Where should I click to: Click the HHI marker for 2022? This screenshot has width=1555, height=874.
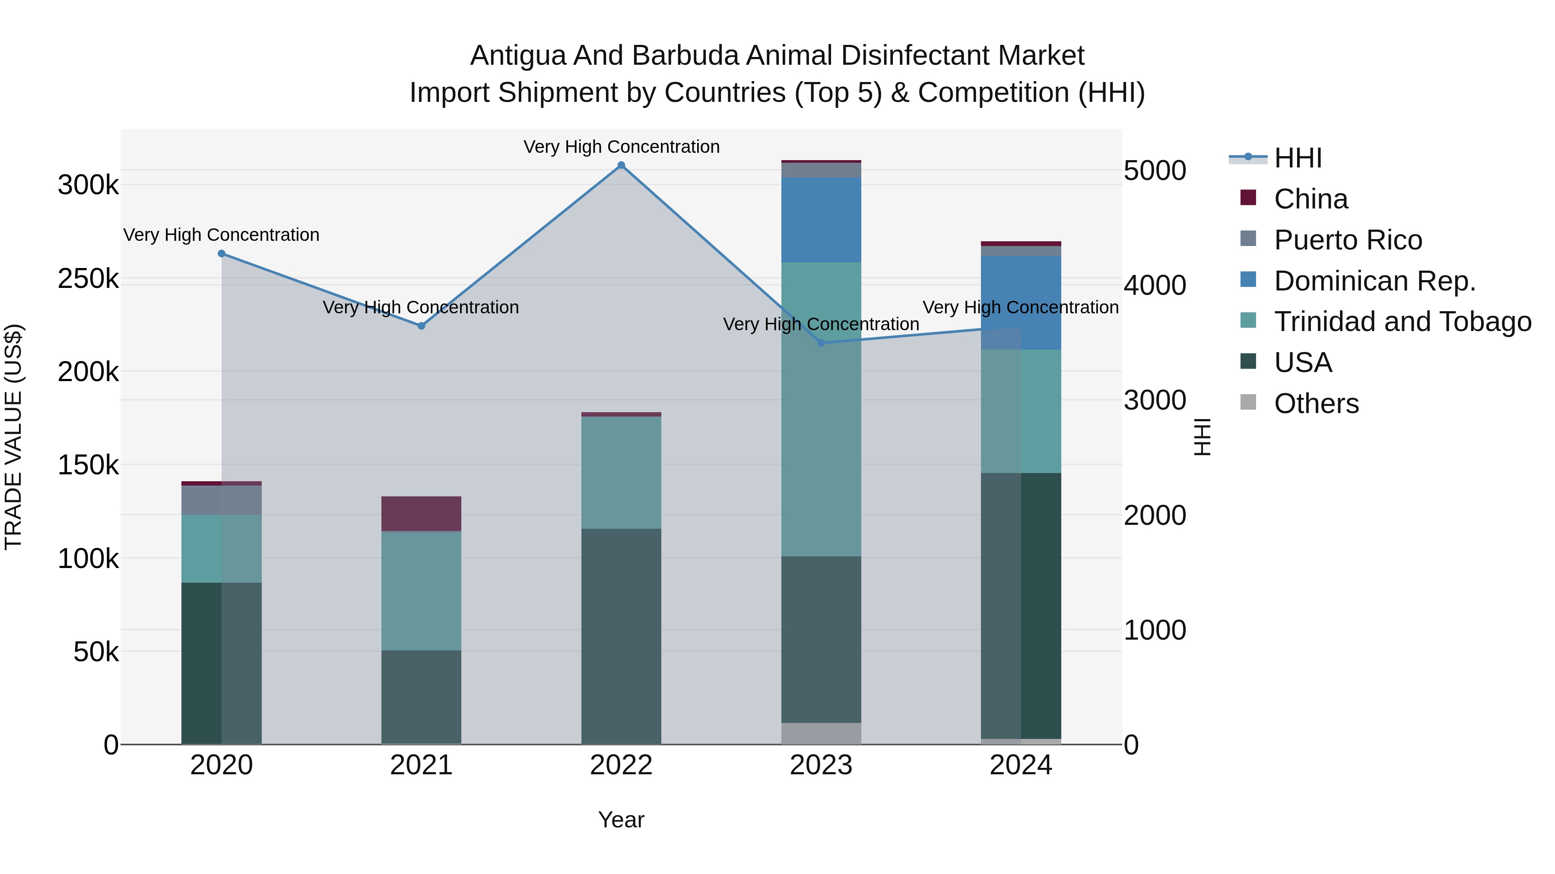point(621,165)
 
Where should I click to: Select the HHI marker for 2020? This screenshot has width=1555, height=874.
point(222,254)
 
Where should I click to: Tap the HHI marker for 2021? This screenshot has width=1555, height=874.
point(421,326)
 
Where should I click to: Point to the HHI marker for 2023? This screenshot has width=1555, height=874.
point(821,343)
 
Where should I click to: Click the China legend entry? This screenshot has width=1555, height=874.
point(1311,199)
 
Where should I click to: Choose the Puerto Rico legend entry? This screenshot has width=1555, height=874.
point(1348,240)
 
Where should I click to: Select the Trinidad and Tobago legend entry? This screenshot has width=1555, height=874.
point(1402,322)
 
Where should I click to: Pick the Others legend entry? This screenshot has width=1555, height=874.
point(1316,404)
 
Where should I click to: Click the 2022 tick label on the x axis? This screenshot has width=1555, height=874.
point(621,765)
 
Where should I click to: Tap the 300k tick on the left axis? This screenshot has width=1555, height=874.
point(88,185)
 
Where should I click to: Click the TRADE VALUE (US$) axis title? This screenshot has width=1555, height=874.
point(14,437)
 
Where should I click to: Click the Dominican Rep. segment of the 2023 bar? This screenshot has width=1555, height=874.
point(821,220)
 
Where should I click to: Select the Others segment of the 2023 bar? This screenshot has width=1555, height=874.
point(821,733)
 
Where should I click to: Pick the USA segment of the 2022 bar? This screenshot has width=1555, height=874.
point(621,636)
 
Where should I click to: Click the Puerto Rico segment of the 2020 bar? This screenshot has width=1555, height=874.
point(222,501)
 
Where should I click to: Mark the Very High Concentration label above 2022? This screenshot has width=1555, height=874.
point(621,147)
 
